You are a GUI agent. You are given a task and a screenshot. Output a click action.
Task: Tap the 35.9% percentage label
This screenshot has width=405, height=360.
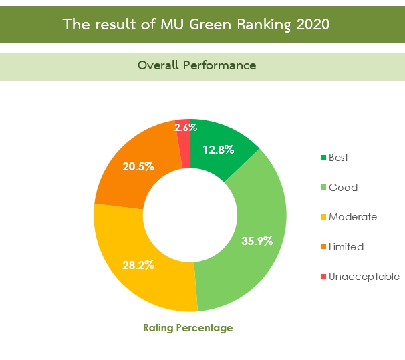coord(257,241)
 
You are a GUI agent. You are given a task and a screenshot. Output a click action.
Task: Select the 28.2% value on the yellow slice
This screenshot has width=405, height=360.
coord(138,265)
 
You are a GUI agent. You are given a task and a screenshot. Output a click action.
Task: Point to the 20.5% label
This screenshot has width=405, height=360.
coord(138,166)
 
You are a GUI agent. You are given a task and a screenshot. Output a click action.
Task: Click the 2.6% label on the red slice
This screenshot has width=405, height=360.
coord(185,127)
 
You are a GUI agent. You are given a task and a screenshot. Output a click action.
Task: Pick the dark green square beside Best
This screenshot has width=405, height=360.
coord(323,158)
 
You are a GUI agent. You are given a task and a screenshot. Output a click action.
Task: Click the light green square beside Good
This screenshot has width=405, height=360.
coord(323,188)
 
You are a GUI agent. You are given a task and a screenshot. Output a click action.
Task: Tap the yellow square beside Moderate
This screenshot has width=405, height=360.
coord(323,217)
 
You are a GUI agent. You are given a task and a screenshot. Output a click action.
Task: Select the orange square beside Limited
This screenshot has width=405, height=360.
coord(323,247)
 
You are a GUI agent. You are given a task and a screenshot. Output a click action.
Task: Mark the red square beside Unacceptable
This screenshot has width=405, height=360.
coord(323,277)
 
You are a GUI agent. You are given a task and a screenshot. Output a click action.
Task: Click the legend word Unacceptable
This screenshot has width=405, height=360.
coord(364,277)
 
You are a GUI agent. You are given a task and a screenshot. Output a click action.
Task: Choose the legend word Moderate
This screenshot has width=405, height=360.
coord(353,217)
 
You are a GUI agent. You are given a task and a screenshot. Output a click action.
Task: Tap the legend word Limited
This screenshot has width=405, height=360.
coord(346,247)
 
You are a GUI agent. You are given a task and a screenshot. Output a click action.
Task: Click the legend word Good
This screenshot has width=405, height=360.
coord(343,188)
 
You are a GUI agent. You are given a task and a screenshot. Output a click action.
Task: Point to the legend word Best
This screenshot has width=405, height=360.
coord(339,158)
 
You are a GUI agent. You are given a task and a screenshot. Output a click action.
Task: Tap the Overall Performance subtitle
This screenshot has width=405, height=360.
coord(196,65)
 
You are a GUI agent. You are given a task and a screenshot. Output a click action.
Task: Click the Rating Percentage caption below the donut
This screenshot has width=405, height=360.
coord(188,328)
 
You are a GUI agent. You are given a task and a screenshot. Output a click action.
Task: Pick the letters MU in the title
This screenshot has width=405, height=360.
coord(170,25)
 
